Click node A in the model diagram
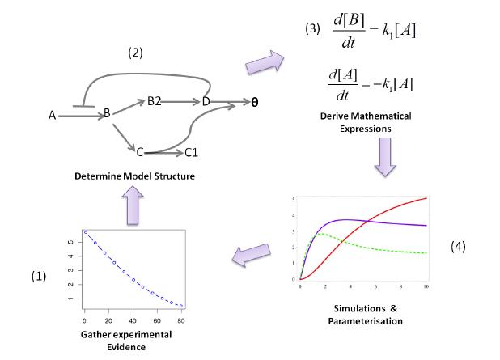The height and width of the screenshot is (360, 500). click(52, 116)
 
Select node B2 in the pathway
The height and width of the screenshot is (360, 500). click(155, 101)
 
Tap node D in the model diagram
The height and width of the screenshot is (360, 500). click(206, 101)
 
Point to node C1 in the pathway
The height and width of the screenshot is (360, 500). click(193, 152)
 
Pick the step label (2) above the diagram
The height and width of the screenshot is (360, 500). click(135, 53)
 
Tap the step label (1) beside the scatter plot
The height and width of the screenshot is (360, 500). click(39, 275)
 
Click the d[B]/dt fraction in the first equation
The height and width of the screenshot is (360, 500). click(350, 31)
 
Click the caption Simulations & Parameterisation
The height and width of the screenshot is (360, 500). click(368, 315)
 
